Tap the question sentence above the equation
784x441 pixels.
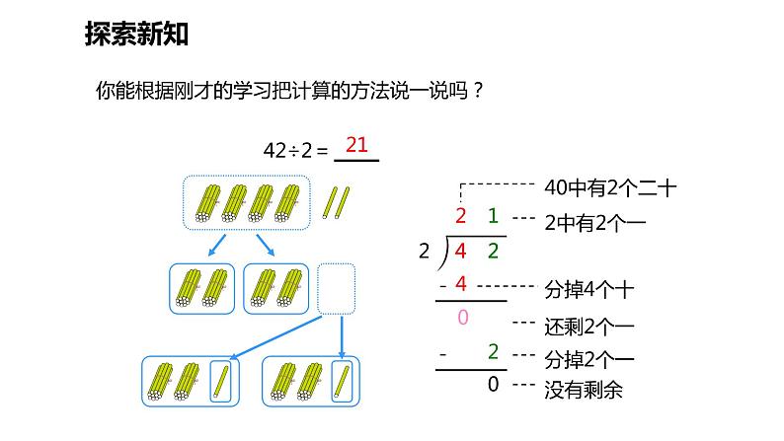[x=289, y=92]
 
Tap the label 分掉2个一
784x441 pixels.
[x=589, y=356]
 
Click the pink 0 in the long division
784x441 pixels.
[x=464, y=318]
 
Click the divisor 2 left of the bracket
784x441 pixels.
[x=425, y=251]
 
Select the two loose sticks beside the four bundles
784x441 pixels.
[x=335, y=201]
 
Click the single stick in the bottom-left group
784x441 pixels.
[x=222, y=381]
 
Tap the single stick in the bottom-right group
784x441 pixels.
[x=342, y=381]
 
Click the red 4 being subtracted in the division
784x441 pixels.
[x=459, y=285]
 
